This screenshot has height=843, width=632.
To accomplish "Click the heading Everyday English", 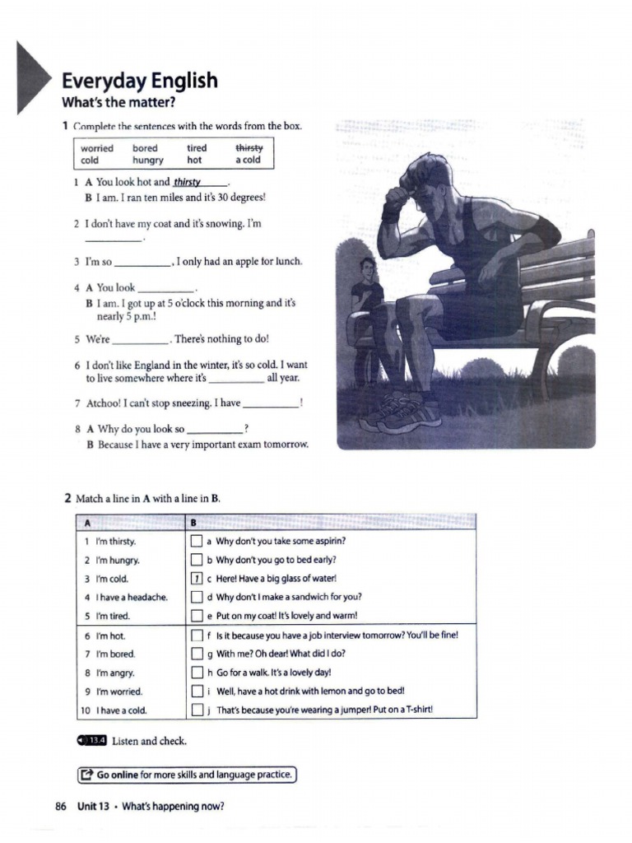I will click(140, 81).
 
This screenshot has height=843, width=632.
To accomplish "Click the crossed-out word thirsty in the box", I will click(249, 147).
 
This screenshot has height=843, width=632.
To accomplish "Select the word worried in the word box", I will click(97, 148).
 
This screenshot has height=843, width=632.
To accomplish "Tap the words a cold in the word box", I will click(248, 161).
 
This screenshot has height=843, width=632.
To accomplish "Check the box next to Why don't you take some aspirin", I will click(197, 541).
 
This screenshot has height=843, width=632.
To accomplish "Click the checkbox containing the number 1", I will click(197, 579).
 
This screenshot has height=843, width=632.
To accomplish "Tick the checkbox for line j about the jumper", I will click(197, 710).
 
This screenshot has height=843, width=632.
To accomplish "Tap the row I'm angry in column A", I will click(115, 673).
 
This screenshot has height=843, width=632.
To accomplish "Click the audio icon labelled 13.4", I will click(91, 741).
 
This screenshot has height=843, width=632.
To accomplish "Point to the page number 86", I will click(60, 807).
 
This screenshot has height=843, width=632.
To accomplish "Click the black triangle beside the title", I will click(34, 78).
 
